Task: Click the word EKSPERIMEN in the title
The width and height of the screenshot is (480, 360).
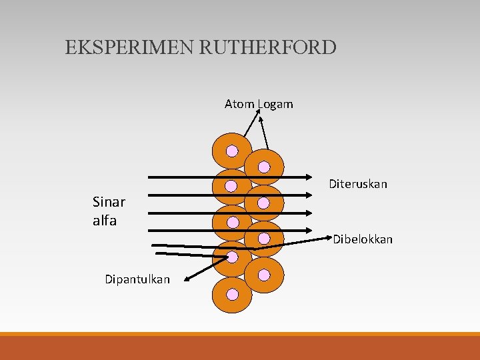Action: pos(119,48)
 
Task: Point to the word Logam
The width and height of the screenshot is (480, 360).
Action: pos(274,105)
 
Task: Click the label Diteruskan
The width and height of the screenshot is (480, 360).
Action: pos(358,184)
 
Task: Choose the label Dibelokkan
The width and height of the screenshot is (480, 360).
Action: pos(363,239)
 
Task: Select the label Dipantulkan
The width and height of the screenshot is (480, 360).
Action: pos(137,279)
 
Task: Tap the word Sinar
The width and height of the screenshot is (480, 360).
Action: pos(109,202)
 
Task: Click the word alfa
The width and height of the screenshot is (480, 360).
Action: pos(105,221)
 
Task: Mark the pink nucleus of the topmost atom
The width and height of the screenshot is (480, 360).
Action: pos(231,151)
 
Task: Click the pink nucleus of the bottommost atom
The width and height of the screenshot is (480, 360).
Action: pos(231,294)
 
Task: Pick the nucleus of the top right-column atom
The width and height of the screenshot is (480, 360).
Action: pos(264,167)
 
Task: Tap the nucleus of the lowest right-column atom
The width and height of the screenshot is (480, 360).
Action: pos(264,275)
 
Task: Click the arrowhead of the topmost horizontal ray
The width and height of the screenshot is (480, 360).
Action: pos(311,178)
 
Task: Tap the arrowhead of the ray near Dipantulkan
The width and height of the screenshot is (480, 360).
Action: pos(188,279)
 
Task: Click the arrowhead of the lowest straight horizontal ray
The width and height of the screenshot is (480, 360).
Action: pos(311,230)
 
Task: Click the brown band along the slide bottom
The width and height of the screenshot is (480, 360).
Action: pos(240,347)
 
